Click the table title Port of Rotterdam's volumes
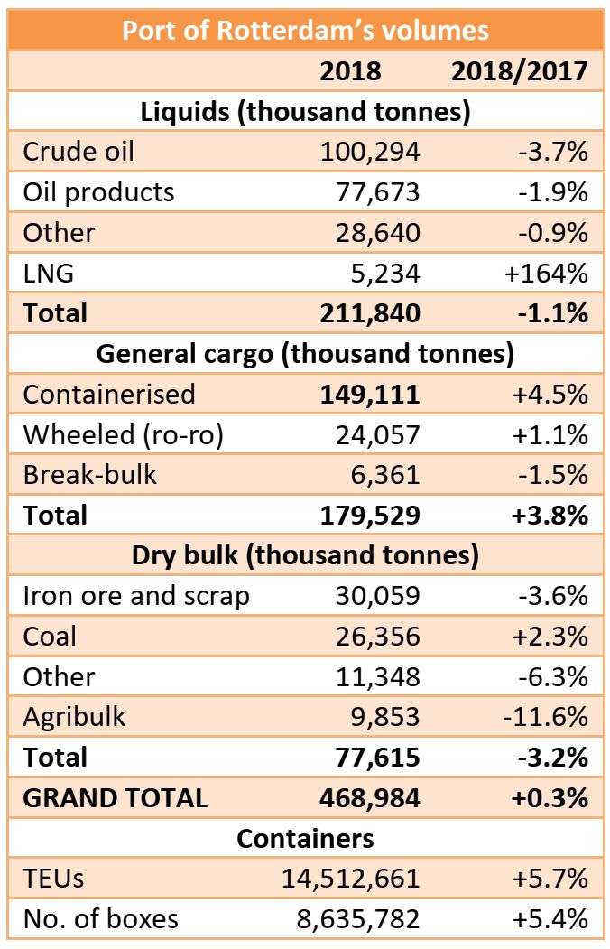pyautogui.click(x=305, y=31)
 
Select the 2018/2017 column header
pyautogui.click(x=520, y=71)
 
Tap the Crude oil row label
pyautogui.click(x=79, y=151)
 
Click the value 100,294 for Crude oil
pyautogui.click(x=370, y=151)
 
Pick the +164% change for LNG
pyautogui.click(x=550, y=273)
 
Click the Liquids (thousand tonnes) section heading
pyautogui.click(x=305, y=112)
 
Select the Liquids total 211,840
pyautogui.click(x=370, y=313)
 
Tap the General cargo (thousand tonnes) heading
pyautogui.click(x=305, y=353)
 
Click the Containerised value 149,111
pyautogui.click(x=370, y=394)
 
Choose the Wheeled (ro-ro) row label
pyautogui.click(x=124, y=434)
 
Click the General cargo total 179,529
pyautogui.click(x=370, y=515)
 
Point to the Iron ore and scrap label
pyautogui.click(x=136, y=596)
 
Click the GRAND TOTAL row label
pyautogui.click(x=116, y=798)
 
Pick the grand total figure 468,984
pyautogui.click(x=370, y=798)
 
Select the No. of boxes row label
pyautogui.click(x=101, y=919)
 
